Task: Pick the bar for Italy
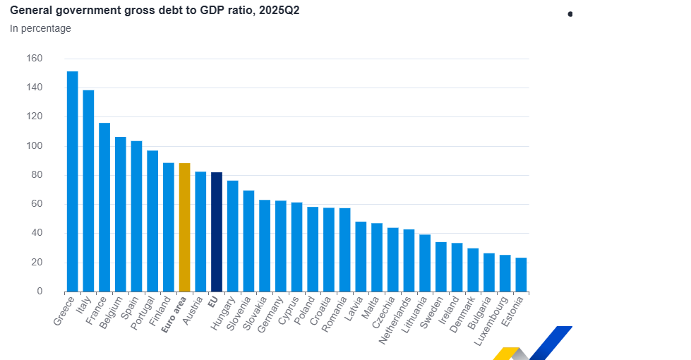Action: pyautogui.click(x=88, y=191)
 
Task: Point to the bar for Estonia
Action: pyautogui.click(x=521, y=275)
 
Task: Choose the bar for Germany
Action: pyautogui.click(x=280, y=246)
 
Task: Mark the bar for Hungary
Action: pyautogui.click(x=232, y=236)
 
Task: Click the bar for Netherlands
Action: pyautogui.click(x=409, y=260)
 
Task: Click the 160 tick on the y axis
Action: pyautogui.click(x=34, y=58)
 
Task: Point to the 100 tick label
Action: pyautogui.click(x=34, y=145)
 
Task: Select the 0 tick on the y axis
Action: pyautogui.click(x=40, y=291)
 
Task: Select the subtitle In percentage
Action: pyautogui.click(x=40, y=28)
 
